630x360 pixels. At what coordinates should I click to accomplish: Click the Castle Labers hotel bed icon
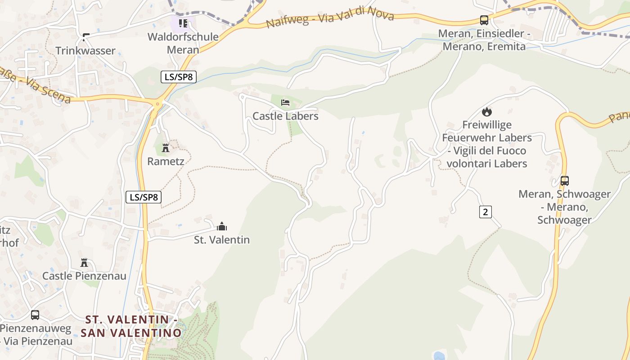point(285,103)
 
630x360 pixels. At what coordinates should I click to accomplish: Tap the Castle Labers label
point(285,116)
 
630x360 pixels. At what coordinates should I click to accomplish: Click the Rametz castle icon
point(166,148)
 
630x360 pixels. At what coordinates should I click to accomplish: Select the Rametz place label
point(166,161)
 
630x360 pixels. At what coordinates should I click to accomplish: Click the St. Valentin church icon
point(222,226)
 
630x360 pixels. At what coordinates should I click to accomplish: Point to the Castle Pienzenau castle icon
point(84,262)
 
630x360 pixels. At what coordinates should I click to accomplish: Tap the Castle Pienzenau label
point(84,276)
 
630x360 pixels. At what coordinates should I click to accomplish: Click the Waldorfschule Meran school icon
point(183,23)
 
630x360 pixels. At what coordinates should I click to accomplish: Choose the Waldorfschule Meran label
point(183,43)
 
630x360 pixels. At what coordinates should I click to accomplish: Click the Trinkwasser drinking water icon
point(85,37)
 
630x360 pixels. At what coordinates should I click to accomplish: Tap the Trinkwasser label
point(85,51)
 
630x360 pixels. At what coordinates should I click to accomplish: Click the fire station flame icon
point(486,112)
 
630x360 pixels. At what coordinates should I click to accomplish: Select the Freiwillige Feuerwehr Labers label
point(487,144)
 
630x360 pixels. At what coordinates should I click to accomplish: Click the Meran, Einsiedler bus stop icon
point(484,20)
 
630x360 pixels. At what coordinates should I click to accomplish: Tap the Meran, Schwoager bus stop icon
point(564,181)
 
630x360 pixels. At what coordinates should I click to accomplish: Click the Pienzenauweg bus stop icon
point(35,315)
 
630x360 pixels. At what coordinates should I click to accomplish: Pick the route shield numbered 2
point(485,211)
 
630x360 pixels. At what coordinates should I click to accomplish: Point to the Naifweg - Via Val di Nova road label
point(330,18)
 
